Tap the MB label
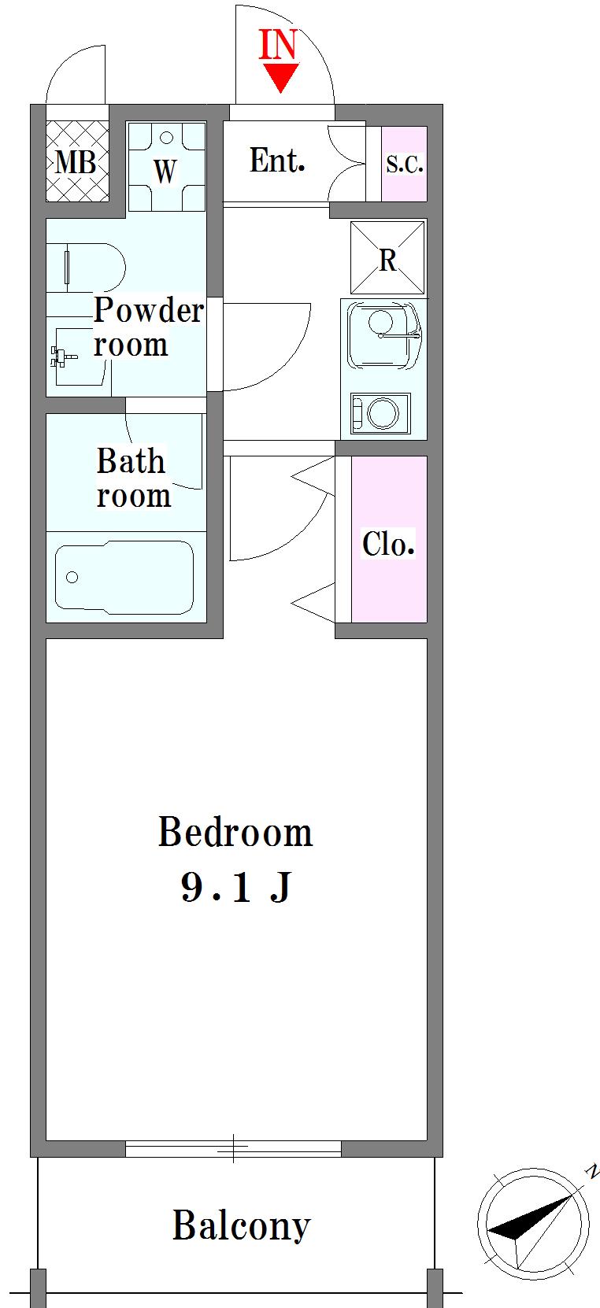tap(76, 162)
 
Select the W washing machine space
tap(166, 166)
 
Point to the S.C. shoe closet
tap(404, 164)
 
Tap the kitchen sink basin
tap(383, 334)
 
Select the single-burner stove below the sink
tap(380, 413)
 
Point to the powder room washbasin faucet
tap(63, 357)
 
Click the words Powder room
tap(148, 327)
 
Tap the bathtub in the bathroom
tap(124, 577)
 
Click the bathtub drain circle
tap(72, 578)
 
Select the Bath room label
tap(134, 478)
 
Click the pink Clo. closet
tap(389, 539)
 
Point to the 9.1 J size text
tap(236, 887)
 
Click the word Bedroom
tap(235, 832)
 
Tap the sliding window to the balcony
tap(233, 1148)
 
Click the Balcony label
tap(241, 1225)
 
